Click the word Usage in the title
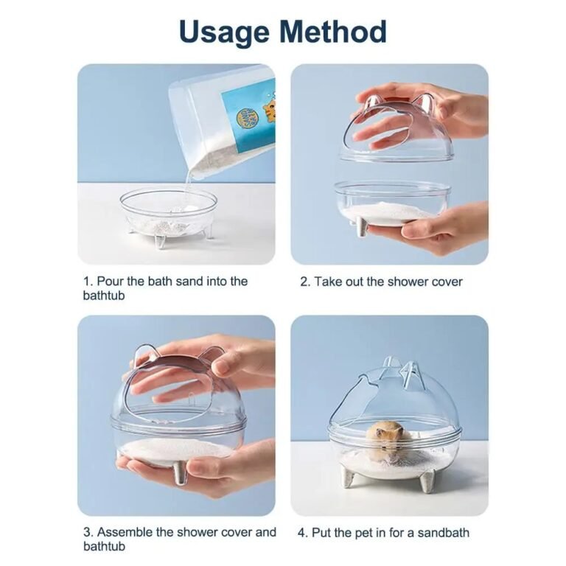pos(224,33)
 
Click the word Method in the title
pos(333,31)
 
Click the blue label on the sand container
pos(249,116)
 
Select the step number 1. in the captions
pos(88,282)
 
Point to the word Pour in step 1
pos(111,282)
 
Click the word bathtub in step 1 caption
pos(104,296)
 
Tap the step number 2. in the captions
pos(305,282)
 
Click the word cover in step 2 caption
pos(447,282)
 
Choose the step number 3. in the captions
pos(88,532)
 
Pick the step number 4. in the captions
pos(303,533)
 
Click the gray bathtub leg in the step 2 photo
pos(362,227)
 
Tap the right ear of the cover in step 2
pos(424,103)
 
